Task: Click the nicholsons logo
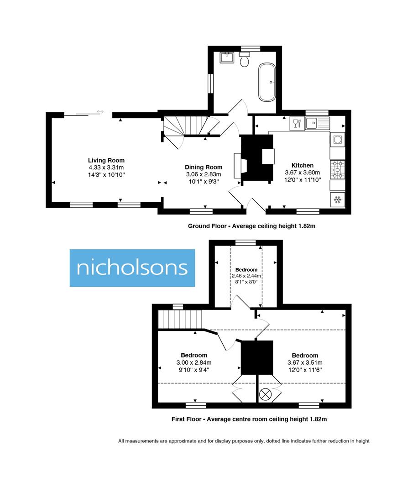(x=132, y=268)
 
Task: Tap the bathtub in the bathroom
(x=267, y=82)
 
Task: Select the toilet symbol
(x=245, y=59)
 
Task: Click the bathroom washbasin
(x=227, y=58)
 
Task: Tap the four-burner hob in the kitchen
(x=338, y=169)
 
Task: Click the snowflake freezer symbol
(x=338, y=199)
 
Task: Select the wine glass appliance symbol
(x=296, y=123)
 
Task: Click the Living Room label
(x=106, y=160)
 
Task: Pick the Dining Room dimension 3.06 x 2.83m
(x=204, y=174)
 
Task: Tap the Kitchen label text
(x=303, y=165)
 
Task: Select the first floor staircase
(x=180, y=319)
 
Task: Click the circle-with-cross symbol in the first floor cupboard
(x=265, y=395)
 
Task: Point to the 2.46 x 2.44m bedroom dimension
(x=246, y=276)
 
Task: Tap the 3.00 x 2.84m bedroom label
(x=194, y=362)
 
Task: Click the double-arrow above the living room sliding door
(x=100, y=111)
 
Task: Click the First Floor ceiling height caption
(x=249, y=419)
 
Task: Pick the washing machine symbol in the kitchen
(x=338, y=139)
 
